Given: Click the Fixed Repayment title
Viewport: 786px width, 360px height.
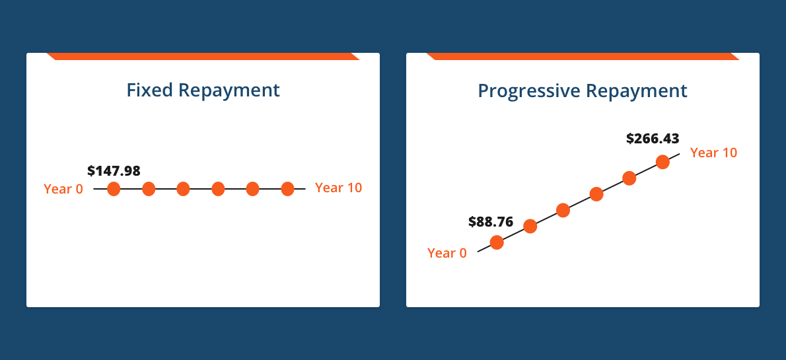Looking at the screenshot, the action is pyautogui.click(x=203, y=90).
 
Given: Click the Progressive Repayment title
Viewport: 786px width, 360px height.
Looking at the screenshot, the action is pyautogui.click(x=583, y=91).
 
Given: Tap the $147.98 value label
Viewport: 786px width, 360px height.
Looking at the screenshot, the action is pyautogui.click(x=114, y=170).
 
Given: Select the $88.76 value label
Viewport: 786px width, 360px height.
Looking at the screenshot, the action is pyautogui.click(x=491, y=222).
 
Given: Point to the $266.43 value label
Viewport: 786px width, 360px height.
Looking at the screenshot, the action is pyautogui.click(x=653, y=138).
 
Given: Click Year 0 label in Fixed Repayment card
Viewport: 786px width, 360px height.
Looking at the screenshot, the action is pyautogui.click(x=63, y=189).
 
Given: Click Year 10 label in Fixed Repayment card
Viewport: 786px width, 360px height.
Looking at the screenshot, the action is pyautogui.click(x=338, y=188).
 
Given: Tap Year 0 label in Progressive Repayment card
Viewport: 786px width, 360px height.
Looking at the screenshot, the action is pyautogui.click(x=447, y=253).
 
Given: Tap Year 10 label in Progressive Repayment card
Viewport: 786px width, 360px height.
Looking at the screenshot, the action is pyautogui.click(x=714, y=153).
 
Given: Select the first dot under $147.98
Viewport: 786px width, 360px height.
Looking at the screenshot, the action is pyautogui.click(x=114, y=189).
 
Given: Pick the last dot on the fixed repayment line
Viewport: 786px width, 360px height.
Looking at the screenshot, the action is pyautogui.click(x=287, y=189).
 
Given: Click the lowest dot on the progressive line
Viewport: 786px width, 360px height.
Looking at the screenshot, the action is pyautogui.click(x=497, y=242).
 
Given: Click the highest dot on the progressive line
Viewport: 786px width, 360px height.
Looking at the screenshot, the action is pyautogui.click(x=662, y=162).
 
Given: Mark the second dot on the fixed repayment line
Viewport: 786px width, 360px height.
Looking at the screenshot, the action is pyautogui.click(x=149, y=189).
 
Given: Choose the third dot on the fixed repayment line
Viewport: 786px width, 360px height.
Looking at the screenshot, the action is pyautogui.click(x=183, y=189).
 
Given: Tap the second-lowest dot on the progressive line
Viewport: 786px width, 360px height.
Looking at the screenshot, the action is pyautogui.click(x=530, y=227).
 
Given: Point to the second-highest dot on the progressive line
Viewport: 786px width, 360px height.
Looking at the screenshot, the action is pyautogui.click(x=629, y=178).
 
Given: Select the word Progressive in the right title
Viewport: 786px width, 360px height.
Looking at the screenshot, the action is pyautogui.click(x=529, y=91).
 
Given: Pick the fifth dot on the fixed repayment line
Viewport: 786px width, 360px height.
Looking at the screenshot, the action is pyautogui.click(x=252, y=189).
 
